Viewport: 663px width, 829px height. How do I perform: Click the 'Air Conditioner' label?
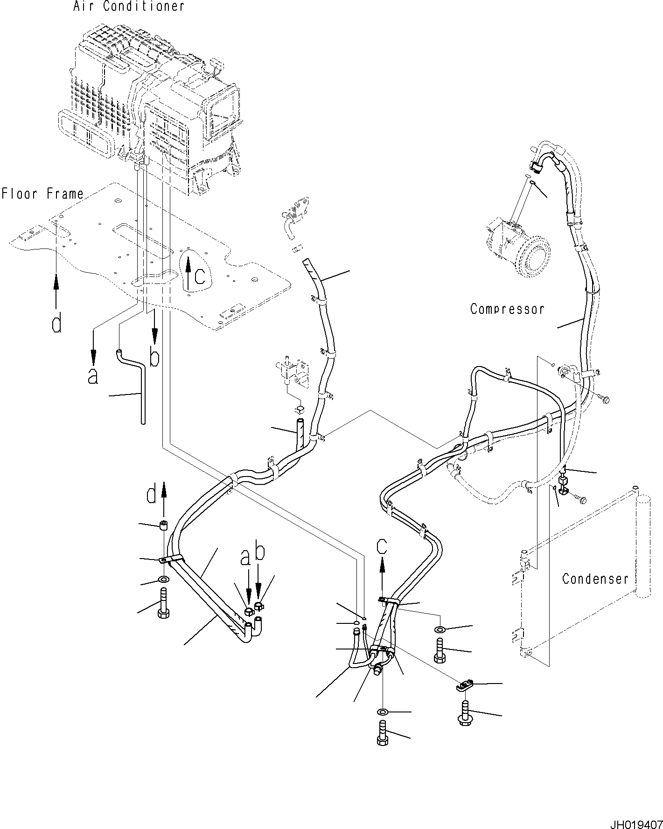click(128, 7)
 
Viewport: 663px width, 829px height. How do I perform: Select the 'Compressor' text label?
click(507, 309)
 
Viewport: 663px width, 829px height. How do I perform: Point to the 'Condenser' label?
click(595, 579)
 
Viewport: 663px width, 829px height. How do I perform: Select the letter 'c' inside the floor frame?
click(200, 276)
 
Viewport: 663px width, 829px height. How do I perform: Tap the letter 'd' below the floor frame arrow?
click(56, 324)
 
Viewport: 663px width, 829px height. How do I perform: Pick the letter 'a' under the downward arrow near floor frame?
click(93, 376)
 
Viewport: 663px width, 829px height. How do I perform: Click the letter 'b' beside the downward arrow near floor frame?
click(154, 358)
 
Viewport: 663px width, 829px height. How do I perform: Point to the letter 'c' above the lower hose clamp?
click(382, 546)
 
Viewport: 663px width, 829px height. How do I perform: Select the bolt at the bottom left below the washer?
click(164, 605)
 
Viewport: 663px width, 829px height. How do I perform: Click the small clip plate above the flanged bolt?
click(465, 685)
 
